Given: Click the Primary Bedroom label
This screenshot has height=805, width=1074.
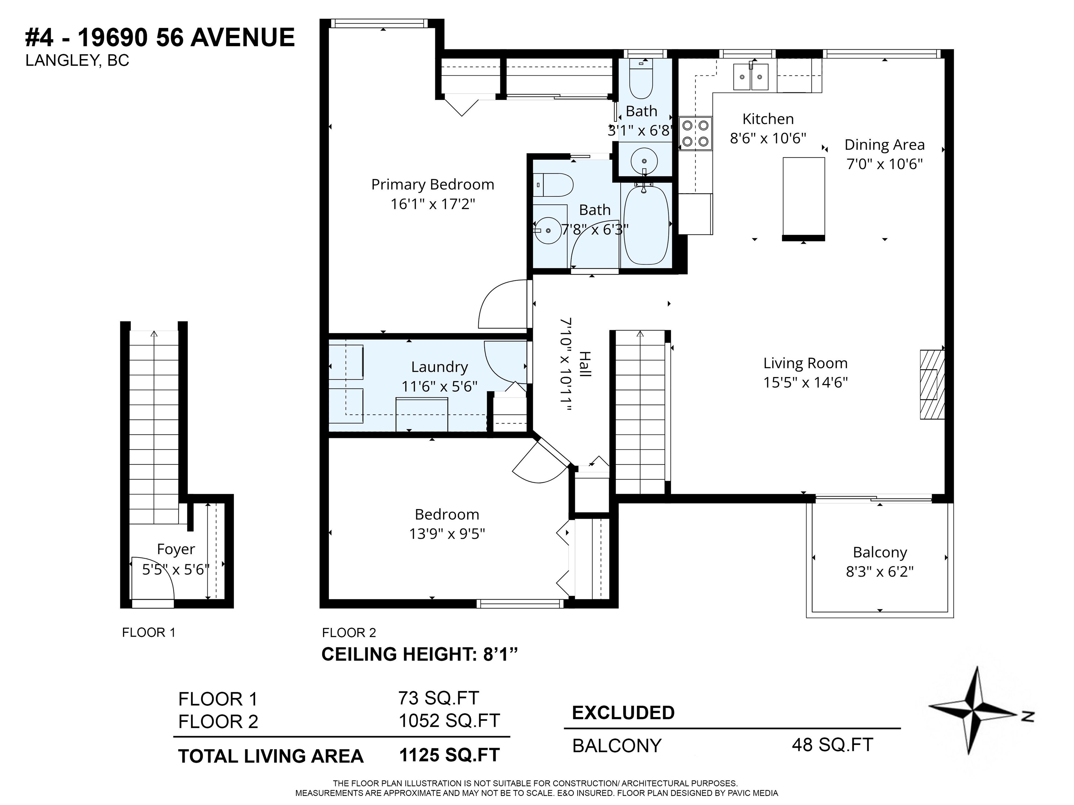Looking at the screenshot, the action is (x=432, y=184).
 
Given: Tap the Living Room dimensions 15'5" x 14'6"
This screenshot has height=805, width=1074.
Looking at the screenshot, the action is (x=805, y=382).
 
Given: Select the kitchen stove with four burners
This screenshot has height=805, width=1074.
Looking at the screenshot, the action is (x=695, y=133).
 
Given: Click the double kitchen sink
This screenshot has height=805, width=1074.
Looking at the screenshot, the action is (x=751, y=77).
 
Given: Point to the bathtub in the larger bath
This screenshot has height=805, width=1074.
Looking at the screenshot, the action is (x=646, y=225).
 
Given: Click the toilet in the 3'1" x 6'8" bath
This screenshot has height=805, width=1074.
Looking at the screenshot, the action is (x=641, y=78).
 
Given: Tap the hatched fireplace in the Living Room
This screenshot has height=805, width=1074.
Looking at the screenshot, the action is (x=932, y=384).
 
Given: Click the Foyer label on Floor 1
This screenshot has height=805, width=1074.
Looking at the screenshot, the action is (x=176, y=549).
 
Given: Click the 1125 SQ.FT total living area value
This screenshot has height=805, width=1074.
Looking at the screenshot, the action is (x=449, y=755).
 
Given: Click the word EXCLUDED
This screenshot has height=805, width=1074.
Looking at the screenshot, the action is (x=623, y=712).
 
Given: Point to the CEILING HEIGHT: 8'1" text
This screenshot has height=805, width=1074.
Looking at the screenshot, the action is (x=420, y=654).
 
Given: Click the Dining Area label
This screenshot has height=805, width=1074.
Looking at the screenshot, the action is (x=884, y=145).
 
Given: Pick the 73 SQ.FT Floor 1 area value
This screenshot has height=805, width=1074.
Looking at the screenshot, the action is (x=438, y=698).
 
